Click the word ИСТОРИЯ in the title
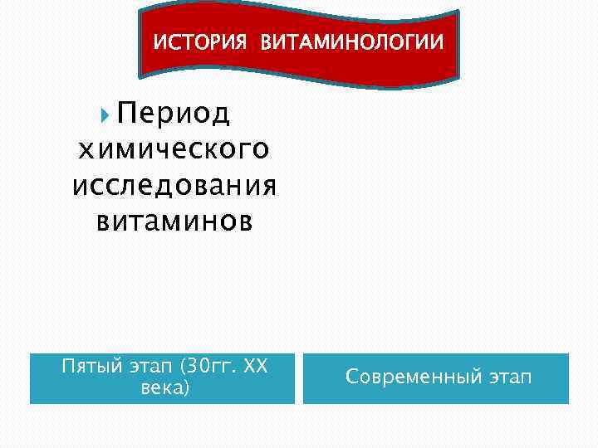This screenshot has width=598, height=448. coord(199,41)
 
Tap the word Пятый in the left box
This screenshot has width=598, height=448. coord(89,367)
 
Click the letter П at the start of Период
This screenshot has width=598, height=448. coord(125,113)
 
